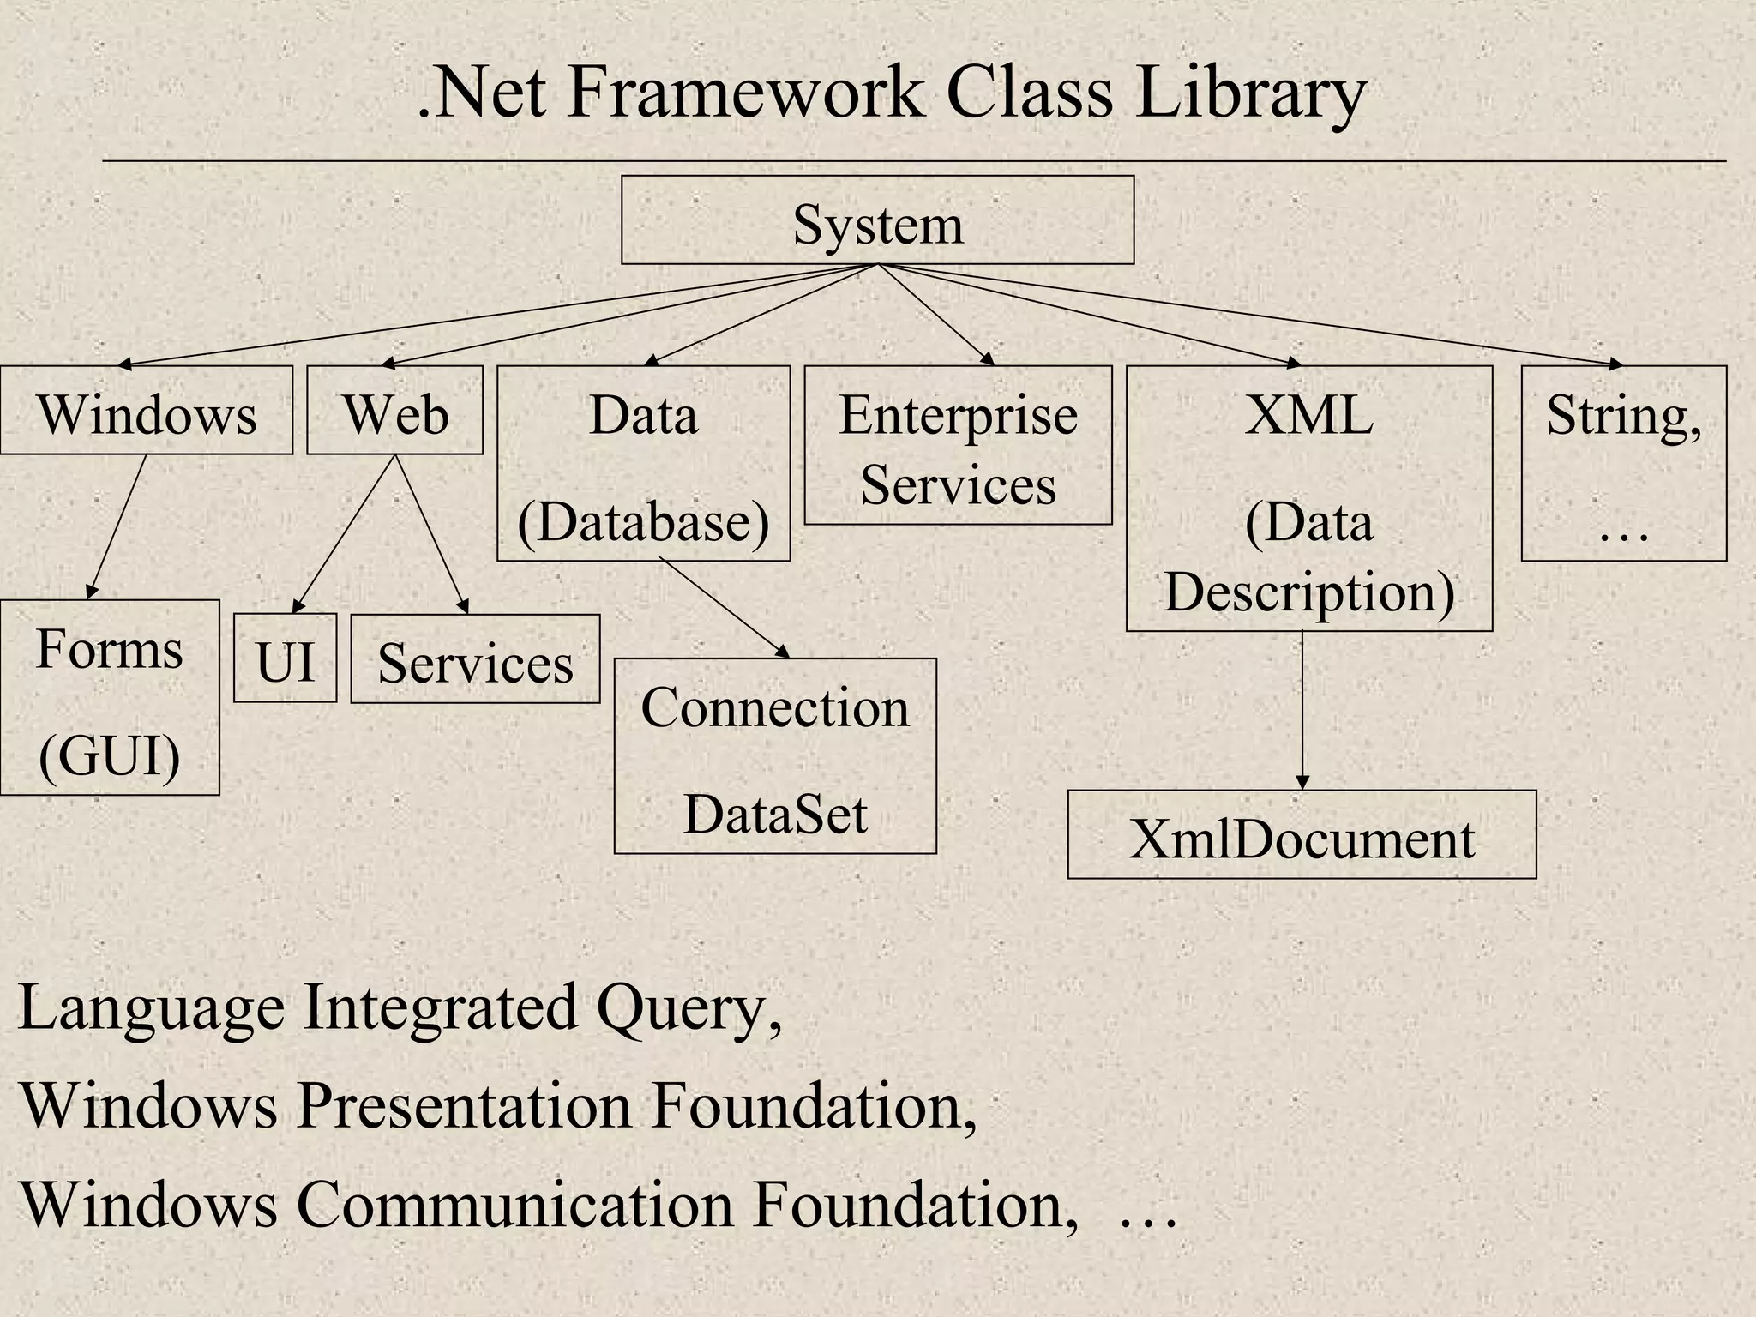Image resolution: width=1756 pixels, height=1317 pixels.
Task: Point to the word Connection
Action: tap(774, 707)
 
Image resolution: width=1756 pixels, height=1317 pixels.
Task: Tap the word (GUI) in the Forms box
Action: tap(110, 755)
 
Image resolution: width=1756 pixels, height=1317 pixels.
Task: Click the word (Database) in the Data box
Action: tap(643, 520)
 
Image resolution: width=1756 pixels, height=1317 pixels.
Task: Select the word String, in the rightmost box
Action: tap(1623, 416)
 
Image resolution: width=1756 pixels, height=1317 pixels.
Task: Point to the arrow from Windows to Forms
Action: tap(117, 525)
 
